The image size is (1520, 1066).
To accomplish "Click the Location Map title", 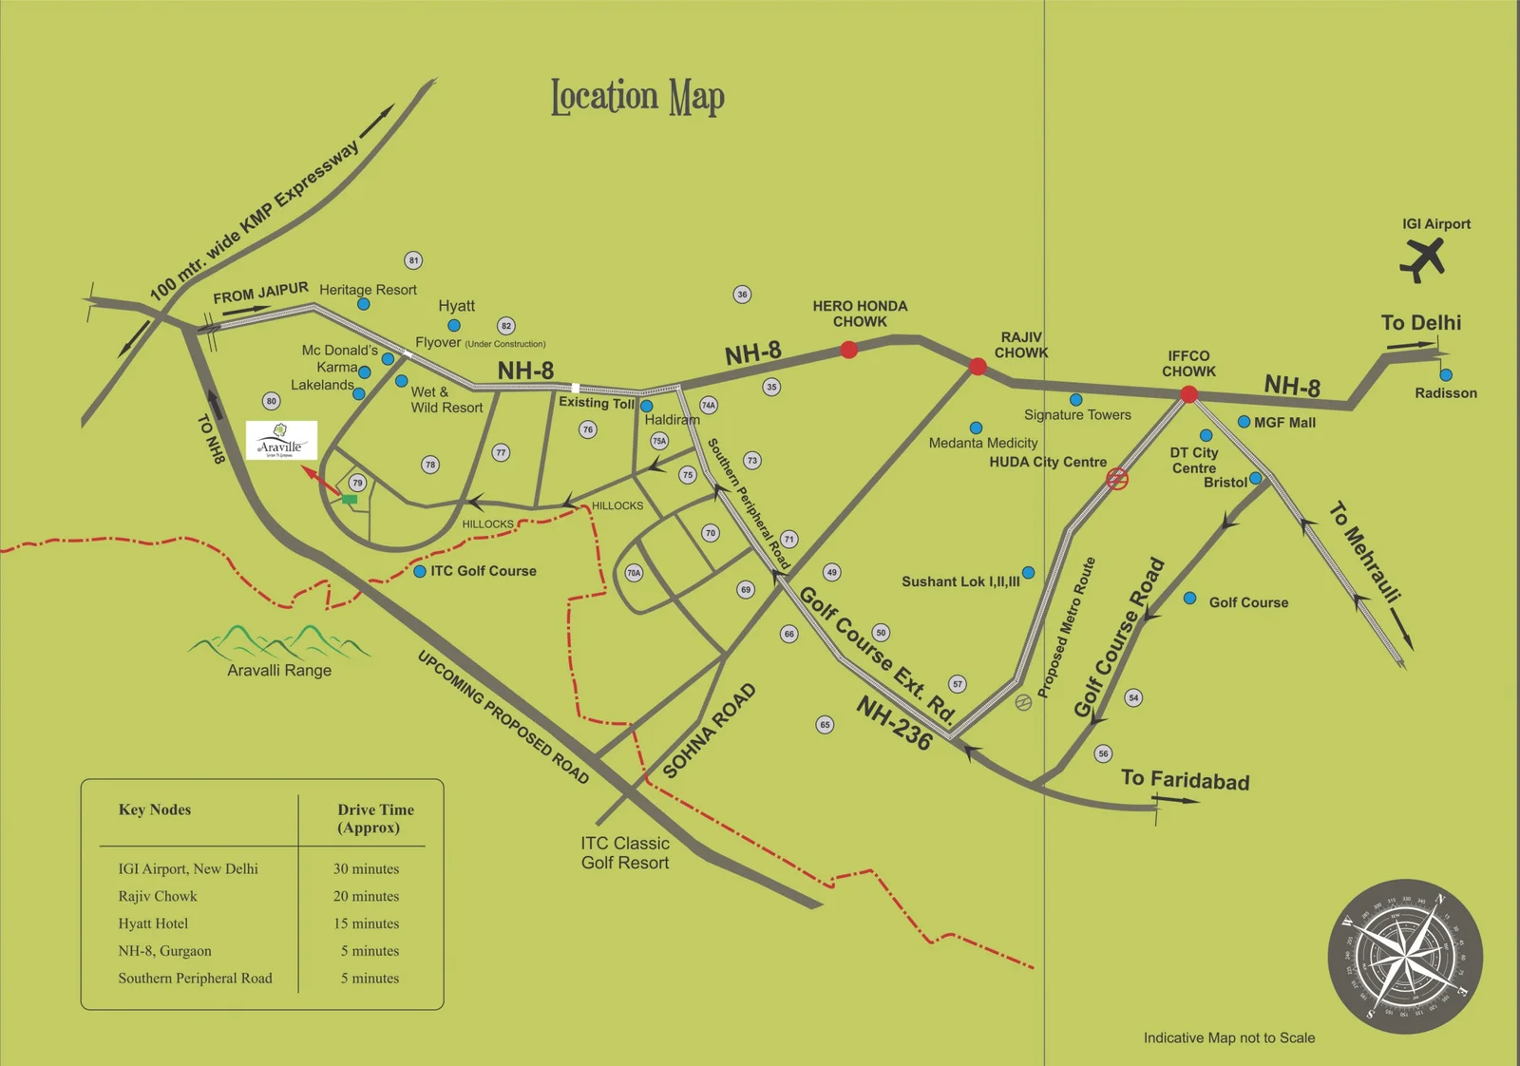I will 637,97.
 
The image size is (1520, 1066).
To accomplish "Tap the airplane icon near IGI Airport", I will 1422,258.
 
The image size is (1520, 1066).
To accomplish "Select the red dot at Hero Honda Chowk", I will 849,350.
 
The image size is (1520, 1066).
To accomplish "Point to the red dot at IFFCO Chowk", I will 1188,394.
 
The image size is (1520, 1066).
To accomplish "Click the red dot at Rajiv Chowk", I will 978,366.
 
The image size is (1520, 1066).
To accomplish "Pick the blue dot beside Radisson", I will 1446,375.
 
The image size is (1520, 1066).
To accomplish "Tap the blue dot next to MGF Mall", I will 1244,422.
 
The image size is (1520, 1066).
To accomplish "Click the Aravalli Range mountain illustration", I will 279,642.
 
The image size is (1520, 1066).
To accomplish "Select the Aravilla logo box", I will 281,441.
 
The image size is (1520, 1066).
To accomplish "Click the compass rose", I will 1405,956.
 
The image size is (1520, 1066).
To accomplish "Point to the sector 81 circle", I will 413,260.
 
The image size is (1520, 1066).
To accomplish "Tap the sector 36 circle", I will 742,295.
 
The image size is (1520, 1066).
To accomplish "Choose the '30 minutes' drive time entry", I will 366,869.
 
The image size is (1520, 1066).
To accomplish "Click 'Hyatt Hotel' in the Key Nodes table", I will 153,923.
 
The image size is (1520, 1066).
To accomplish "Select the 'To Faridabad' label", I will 1185,780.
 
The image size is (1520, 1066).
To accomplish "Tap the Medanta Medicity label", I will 983,443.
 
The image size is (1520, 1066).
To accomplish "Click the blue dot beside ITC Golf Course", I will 420,571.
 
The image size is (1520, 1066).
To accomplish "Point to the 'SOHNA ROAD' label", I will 710,731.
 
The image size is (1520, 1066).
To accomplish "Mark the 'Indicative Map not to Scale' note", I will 1229,1037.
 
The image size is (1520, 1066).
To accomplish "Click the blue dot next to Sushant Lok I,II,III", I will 1028,573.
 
